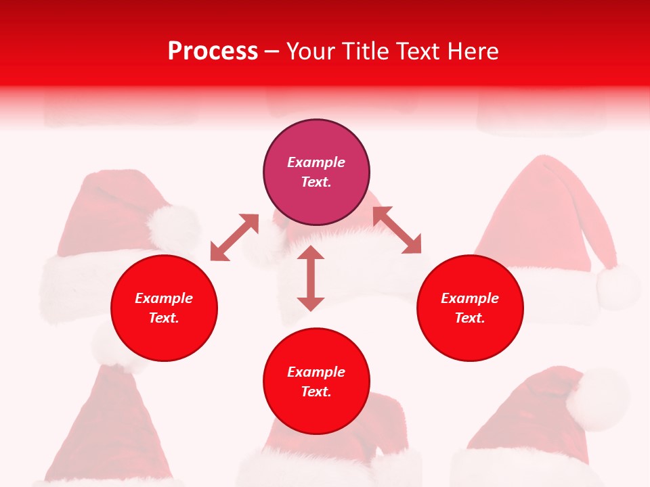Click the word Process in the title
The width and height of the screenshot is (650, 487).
coord(213,51)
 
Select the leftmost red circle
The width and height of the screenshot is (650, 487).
coord(164,308)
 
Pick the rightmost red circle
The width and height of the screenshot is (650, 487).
coord(470,308)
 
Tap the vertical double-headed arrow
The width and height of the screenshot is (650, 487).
coord(311,278)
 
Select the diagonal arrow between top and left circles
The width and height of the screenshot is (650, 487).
coord(234,237)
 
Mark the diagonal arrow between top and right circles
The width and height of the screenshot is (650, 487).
coord(397,230)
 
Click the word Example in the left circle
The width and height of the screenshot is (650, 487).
coord(164,298)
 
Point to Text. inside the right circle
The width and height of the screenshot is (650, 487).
coord(470,318)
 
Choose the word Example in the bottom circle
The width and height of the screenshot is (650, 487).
coord(316,372)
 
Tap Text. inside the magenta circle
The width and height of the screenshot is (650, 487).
coord(316,182)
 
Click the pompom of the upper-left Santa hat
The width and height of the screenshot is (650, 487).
coord(173,227)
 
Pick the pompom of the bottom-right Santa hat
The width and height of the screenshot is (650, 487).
coord(597,399)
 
